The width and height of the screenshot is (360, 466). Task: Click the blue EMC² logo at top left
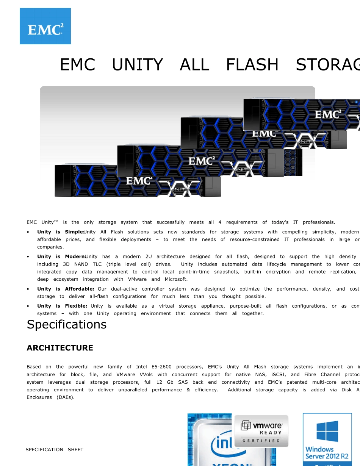45,26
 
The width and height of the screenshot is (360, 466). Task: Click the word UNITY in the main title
137,65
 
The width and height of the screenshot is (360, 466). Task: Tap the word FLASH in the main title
252,65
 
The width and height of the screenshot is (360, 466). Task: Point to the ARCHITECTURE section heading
60,348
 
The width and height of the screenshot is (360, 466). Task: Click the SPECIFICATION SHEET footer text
54,450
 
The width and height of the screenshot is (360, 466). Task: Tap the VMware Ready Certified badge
261,431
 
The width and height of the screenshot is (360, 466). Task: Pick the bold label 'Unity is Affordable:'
66,289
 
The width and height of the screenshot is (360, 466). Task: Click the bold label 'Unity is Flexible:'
62,306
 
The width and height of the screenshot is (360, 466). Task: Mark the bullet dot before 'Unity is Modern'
29,257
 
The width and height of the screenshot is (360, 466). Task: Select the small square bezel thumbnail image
293,163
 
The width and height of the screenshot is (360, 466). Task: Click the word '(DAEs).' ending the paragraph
66,397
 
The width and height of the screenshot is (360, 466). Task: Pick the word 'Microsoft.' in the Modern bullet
176,279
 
